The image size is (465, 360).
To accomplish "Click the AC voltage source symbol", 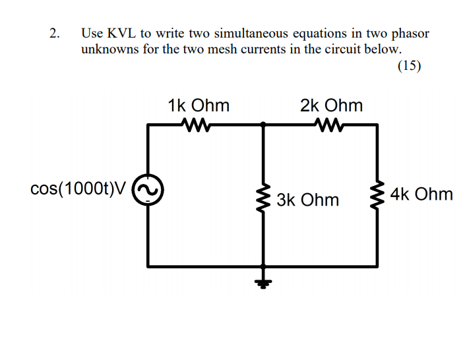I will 148,191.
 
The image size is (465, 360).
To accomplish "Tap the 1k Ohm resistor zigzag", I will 198,123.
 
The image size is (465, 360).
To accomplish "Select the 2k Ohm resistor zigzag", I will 330,123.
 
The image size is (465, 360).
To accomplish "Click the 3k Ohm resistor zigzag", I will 264,195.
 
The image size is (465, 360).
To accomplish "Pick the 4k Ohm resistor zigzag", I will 378,195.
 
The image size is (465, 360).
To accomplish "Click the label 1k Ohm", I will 199,105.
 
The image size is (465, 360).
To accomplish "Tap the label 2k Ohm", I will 331,105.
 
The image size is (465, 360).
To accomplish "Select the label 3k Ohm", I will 308,200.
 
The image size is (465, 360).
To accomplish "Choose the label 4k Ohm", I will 421,195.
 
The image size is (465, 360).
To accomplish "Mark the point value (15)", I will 409,65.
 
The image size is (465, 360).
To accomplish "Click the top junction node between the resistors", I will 264,123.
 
